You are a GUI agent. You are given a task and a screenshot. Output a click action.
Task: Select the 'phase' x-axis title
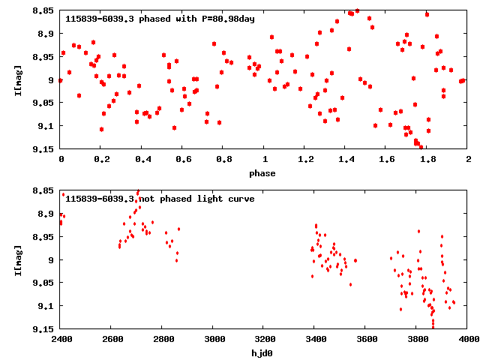pos(262,173)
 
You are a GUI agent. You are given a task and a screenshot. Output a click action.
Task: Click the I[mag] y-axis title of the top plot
pos(17,79)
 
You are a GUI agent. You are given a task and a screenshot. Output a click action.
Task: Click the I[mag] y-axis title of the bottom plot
pos(17,259)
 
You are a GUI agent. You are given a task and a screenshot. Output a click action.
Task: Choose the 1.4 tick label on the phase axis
pos(346,160)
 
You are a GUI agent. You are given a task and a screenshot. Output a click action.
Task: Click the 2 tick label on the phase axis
pos(468,160)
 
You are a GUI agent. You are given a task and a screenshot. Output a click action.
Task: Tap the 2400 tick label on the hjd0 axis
pos(61,339)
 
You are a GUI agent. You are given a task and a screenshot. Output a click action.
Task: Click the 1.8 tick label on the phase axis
pos(427,160)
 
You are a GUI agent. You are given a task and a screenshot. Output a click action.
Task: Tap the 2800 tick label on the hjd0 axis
pos(163,339)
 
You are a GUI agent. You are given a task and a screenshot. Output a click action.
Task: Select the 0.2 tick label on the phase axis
pos(102,160)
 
